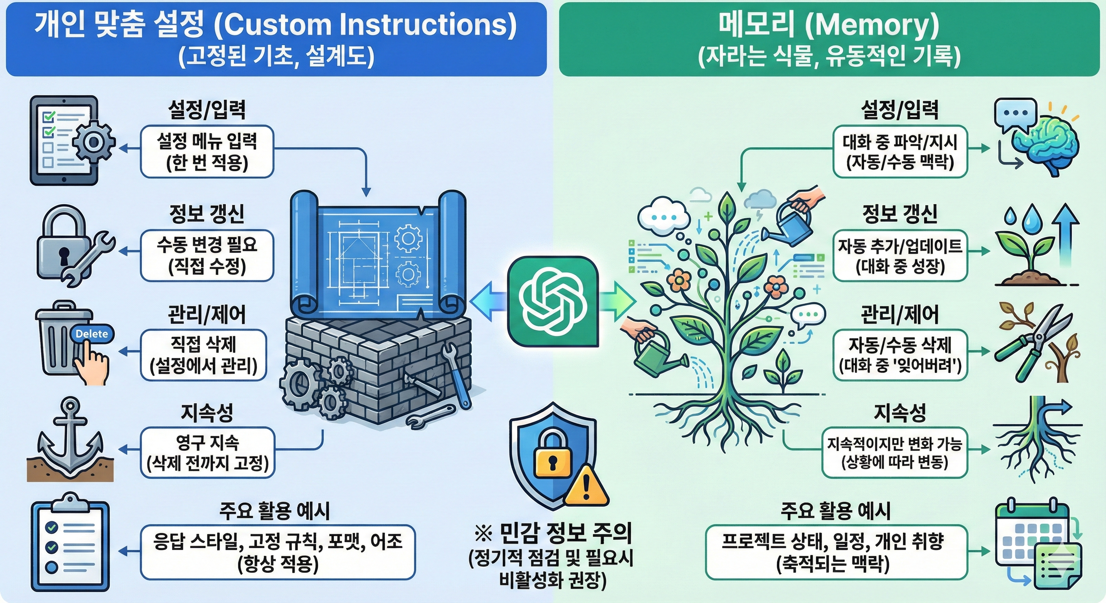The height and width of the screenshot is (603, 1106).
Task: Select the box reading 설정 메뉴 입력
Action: [x=207, y=152]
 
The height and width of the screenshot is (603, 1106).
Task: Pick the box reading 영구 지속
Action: [x=207, y=452]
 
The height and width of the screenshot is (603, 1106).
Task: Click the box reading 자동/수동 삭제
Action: [x=900, y=355]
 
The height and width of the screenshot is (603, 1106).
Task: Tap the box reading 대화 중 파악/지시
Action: [x=900, y=152]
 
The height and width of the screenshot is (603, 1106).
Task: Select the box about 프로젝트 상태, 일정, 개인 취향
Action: [x=836, y=552]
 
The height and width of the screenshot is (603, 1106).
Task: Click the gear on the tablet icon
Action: [x=93, y=142]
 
